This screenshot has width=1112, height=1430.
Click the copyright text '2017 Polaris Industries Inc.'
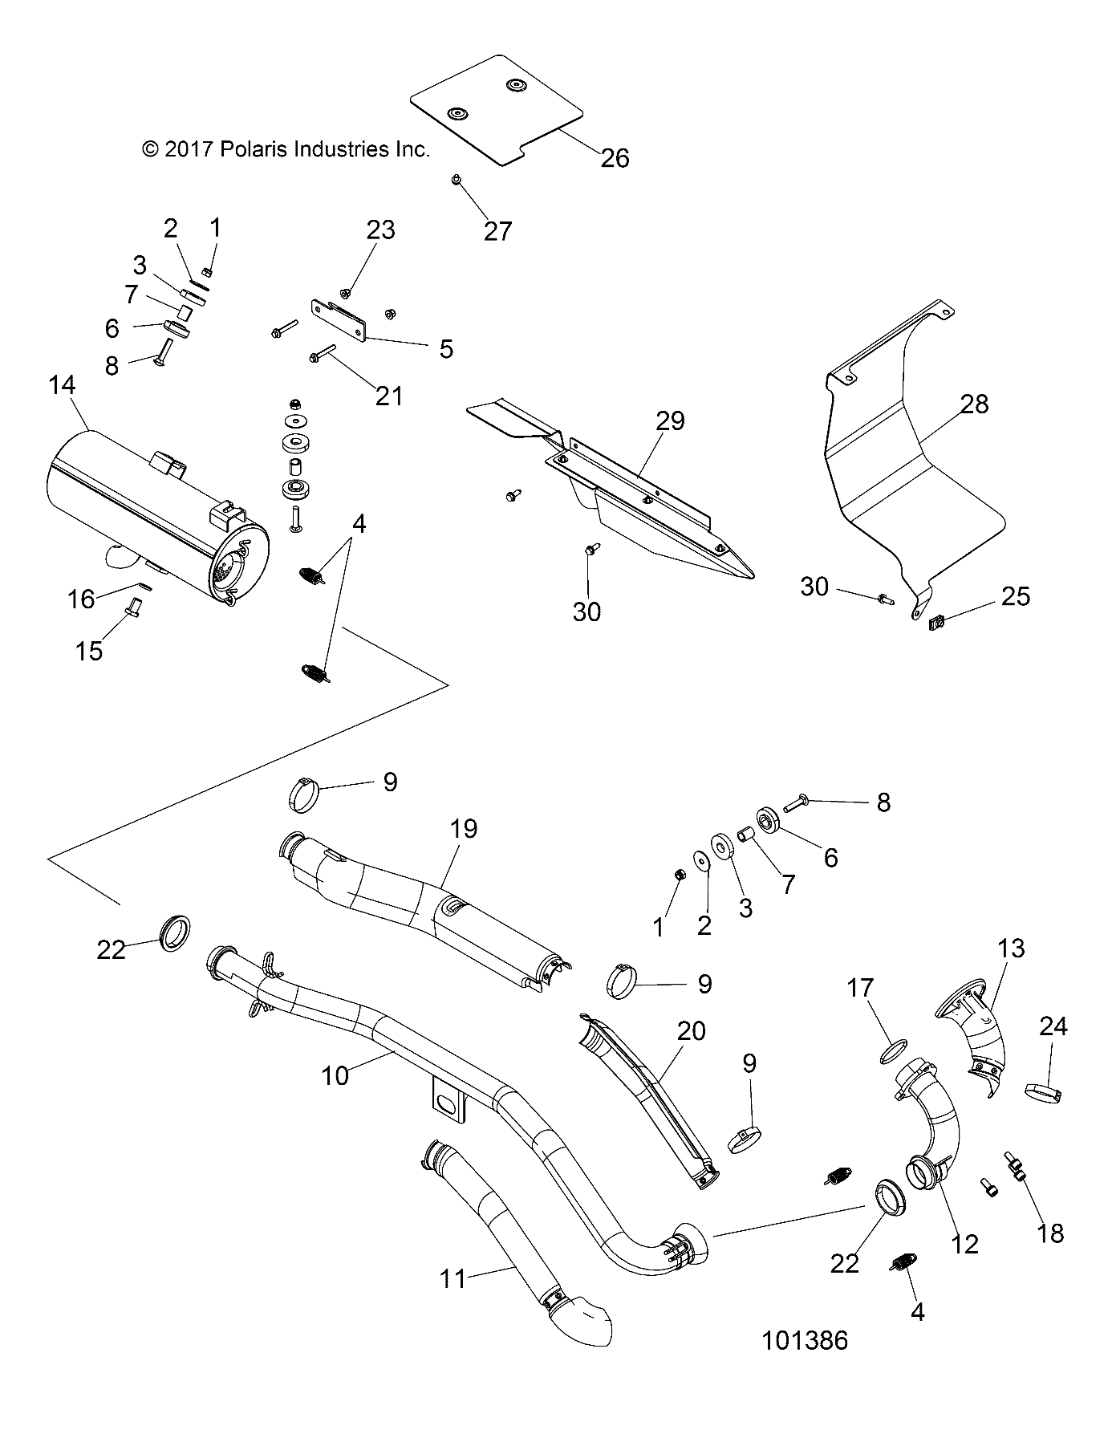(286, 149)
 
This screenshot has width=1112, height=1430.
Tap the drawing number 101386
(805, 1340)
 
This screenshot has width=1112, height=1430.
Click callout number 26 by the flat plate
(615, 158)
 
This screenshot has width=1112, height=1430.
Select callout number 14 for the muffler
(62, 386)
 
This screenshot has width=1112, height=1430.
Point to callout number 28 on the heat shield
(974, 404)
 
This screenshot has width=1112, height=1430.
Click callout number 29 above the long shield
(671, 420)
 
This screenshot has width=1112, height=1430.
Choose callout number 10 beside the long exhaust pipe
(335, 1075)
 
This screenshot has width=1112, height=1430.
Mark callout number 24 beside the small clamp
(1053, 1026)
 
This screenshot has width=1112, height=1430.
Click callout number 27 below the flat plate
(497, 231)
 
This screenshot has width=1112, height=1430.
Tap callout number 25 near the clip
(1015, 596)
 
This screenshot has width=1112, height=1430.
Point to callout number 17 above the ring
(860, 988)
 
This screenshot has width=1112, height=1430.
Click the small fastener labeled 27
(456, 181)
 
